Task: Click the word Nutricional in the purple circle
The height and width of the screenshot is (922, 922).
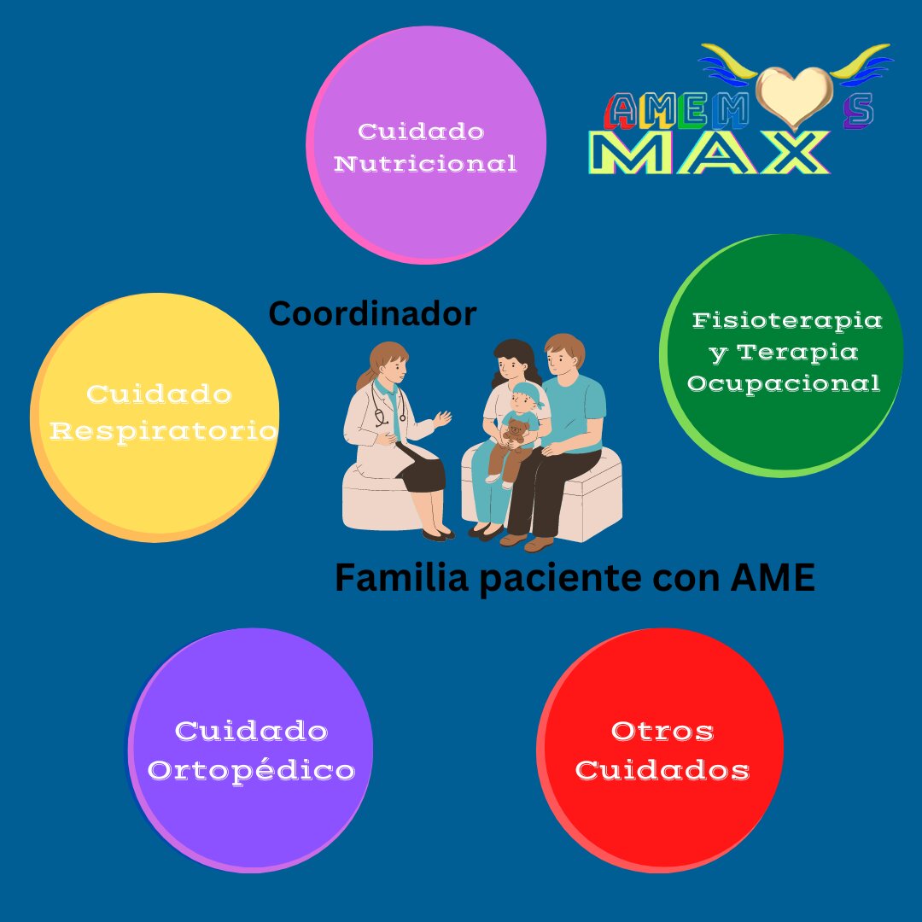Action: [425, 163]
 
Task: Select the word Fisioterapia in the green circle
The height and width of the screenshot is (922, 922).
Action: [786, 320]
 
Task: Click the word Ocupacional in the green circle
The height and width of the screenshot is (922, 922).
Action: [784, 383]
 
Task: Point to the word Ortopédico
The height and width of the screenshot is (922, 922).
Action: [251, 770]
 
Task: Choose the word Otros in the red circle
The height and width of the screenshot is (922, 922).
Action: [662, 731]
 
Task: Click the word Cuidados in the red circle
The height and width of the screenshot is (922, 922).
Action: [662, 770]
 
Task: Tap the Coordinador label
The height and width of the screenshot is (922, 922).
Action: [372, 314]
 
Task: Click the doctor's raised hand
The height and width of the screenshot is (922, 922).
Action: [442, 417]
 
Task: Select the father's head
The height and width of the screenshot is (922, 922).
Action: [565, 357]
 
